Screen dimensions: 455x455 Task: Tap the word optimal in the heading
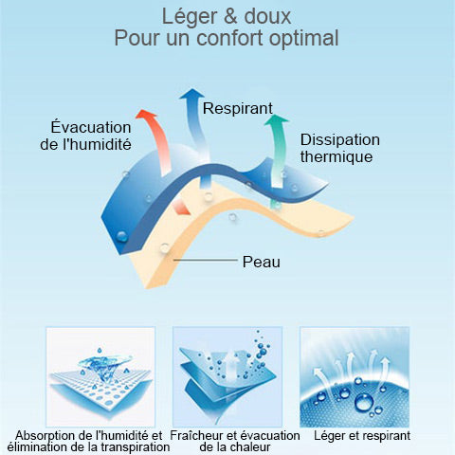[x=304, y=39]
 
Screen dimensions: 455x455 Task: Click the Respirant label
[x=237, y=109]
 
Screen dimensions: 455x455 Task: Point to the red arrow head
[x=146, y=114]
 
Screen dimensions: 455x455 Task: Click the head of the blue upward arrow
[x=191, y=94]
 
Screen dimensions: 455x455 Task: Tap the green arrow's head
[x=277, y=119]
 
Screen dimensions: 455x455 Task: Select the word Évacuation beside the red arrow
[x=91, y=127]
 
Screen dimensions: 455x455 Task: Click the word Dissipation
[x=340, y=140]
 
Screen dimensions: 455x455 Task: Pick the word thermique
[x=337, y=156]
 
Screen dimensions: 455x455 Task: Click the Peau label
[x=262, y=262]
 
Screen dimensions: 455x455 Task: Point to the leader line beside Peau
[x=205, y=261]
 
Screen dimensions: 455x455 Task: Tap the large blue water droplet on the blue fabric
[x=121, y=237]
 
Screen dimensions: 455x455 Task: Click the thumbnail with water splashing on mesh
[x=100, y=376]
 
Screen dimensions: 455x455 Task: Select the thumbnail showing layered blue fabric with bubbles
[x=227, y=376]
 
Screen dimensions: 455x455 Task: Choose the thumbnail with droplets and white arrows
[x=355, y=376]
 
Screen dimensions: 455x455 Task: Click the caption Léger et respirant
[x=362, y=436]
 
